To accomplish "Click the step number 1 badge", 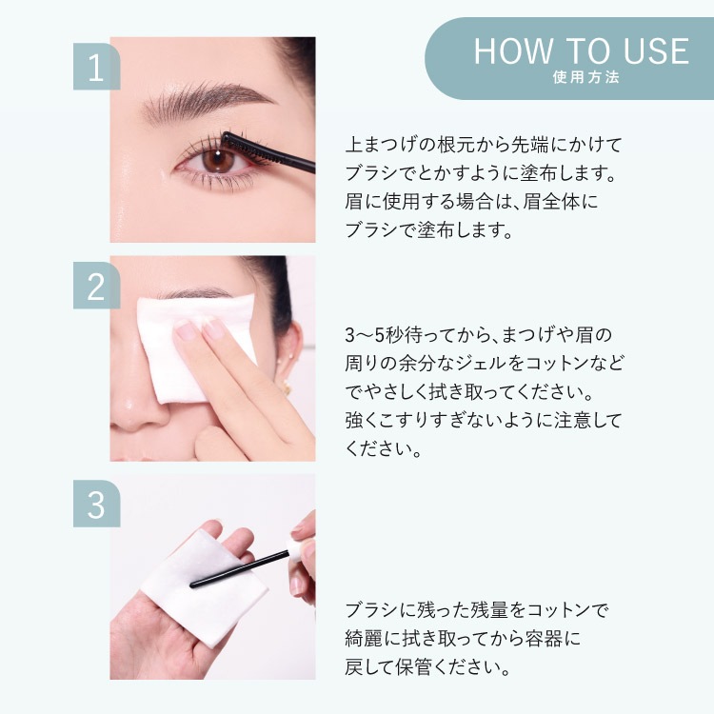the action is tap(96, 67).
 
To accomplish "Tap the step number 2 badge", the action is tap(96, 285).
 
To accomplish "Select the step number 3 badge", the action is tap(96, 504).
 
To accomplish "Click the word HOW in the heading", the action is tap(513, 51).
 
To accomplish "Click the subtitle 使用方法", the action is tap(586, 77).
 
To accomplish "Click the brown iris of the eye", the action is tap(218, 160).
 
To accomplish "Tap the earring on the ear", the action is tap(286, 388).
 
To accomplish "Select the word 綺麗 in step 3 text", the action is tap(364, 639).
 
